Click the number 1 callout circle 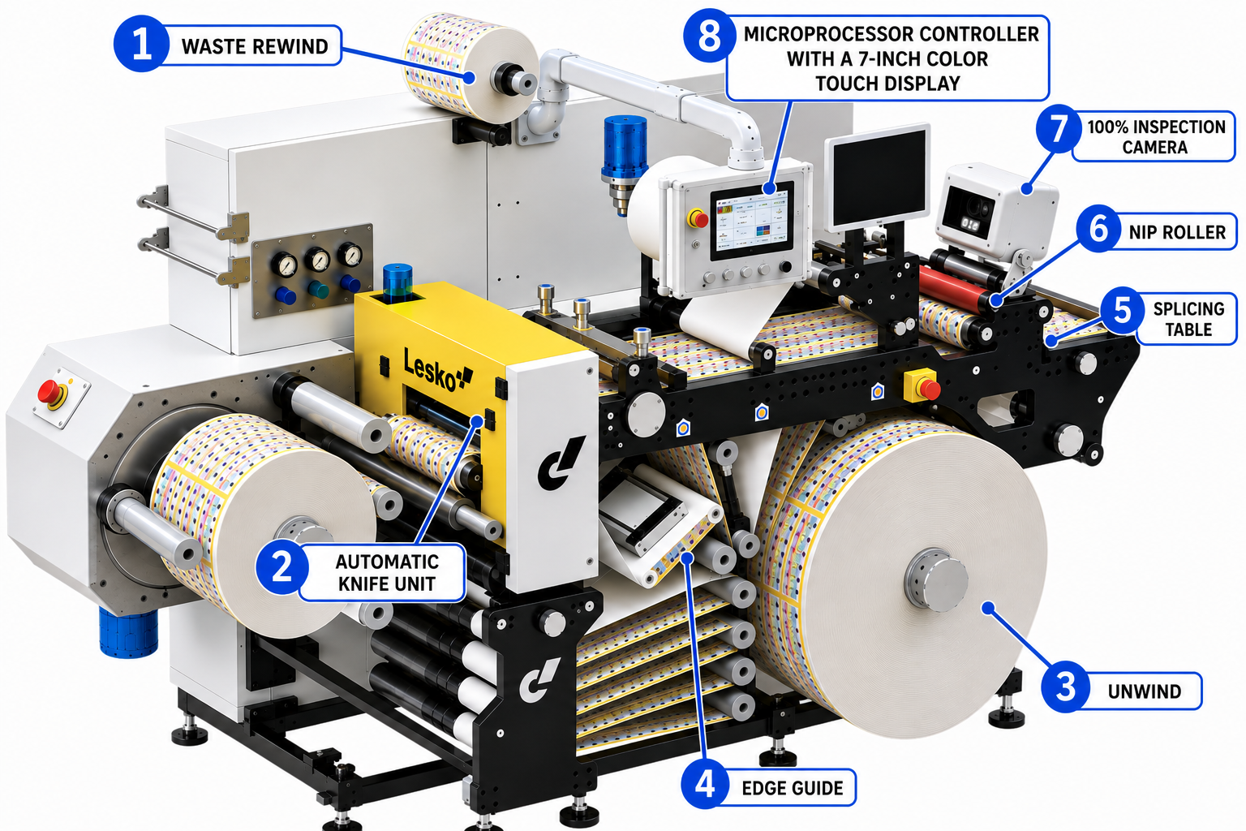(141, 44)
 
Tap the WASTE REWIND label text (255, 47)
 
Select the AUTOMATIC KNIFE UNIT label (387, 573)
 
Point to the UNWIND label (1145, 691)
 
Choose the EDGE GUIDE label (792, 788)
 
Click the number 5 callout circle (1123, 310)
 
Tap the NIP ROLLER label (1177, 232)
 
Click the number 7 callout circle (1059, 128)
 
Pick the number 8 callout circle (709, 36)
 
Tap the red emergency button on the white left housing (49, 391)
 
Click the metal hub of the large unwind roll (935, 580)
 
